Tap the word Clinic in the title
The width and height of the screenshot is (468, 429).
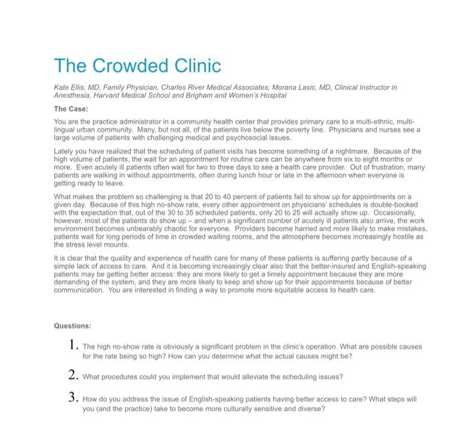(x=195, y=66)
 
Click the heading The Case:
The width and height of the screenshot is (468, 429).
(x=70, y=108)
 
